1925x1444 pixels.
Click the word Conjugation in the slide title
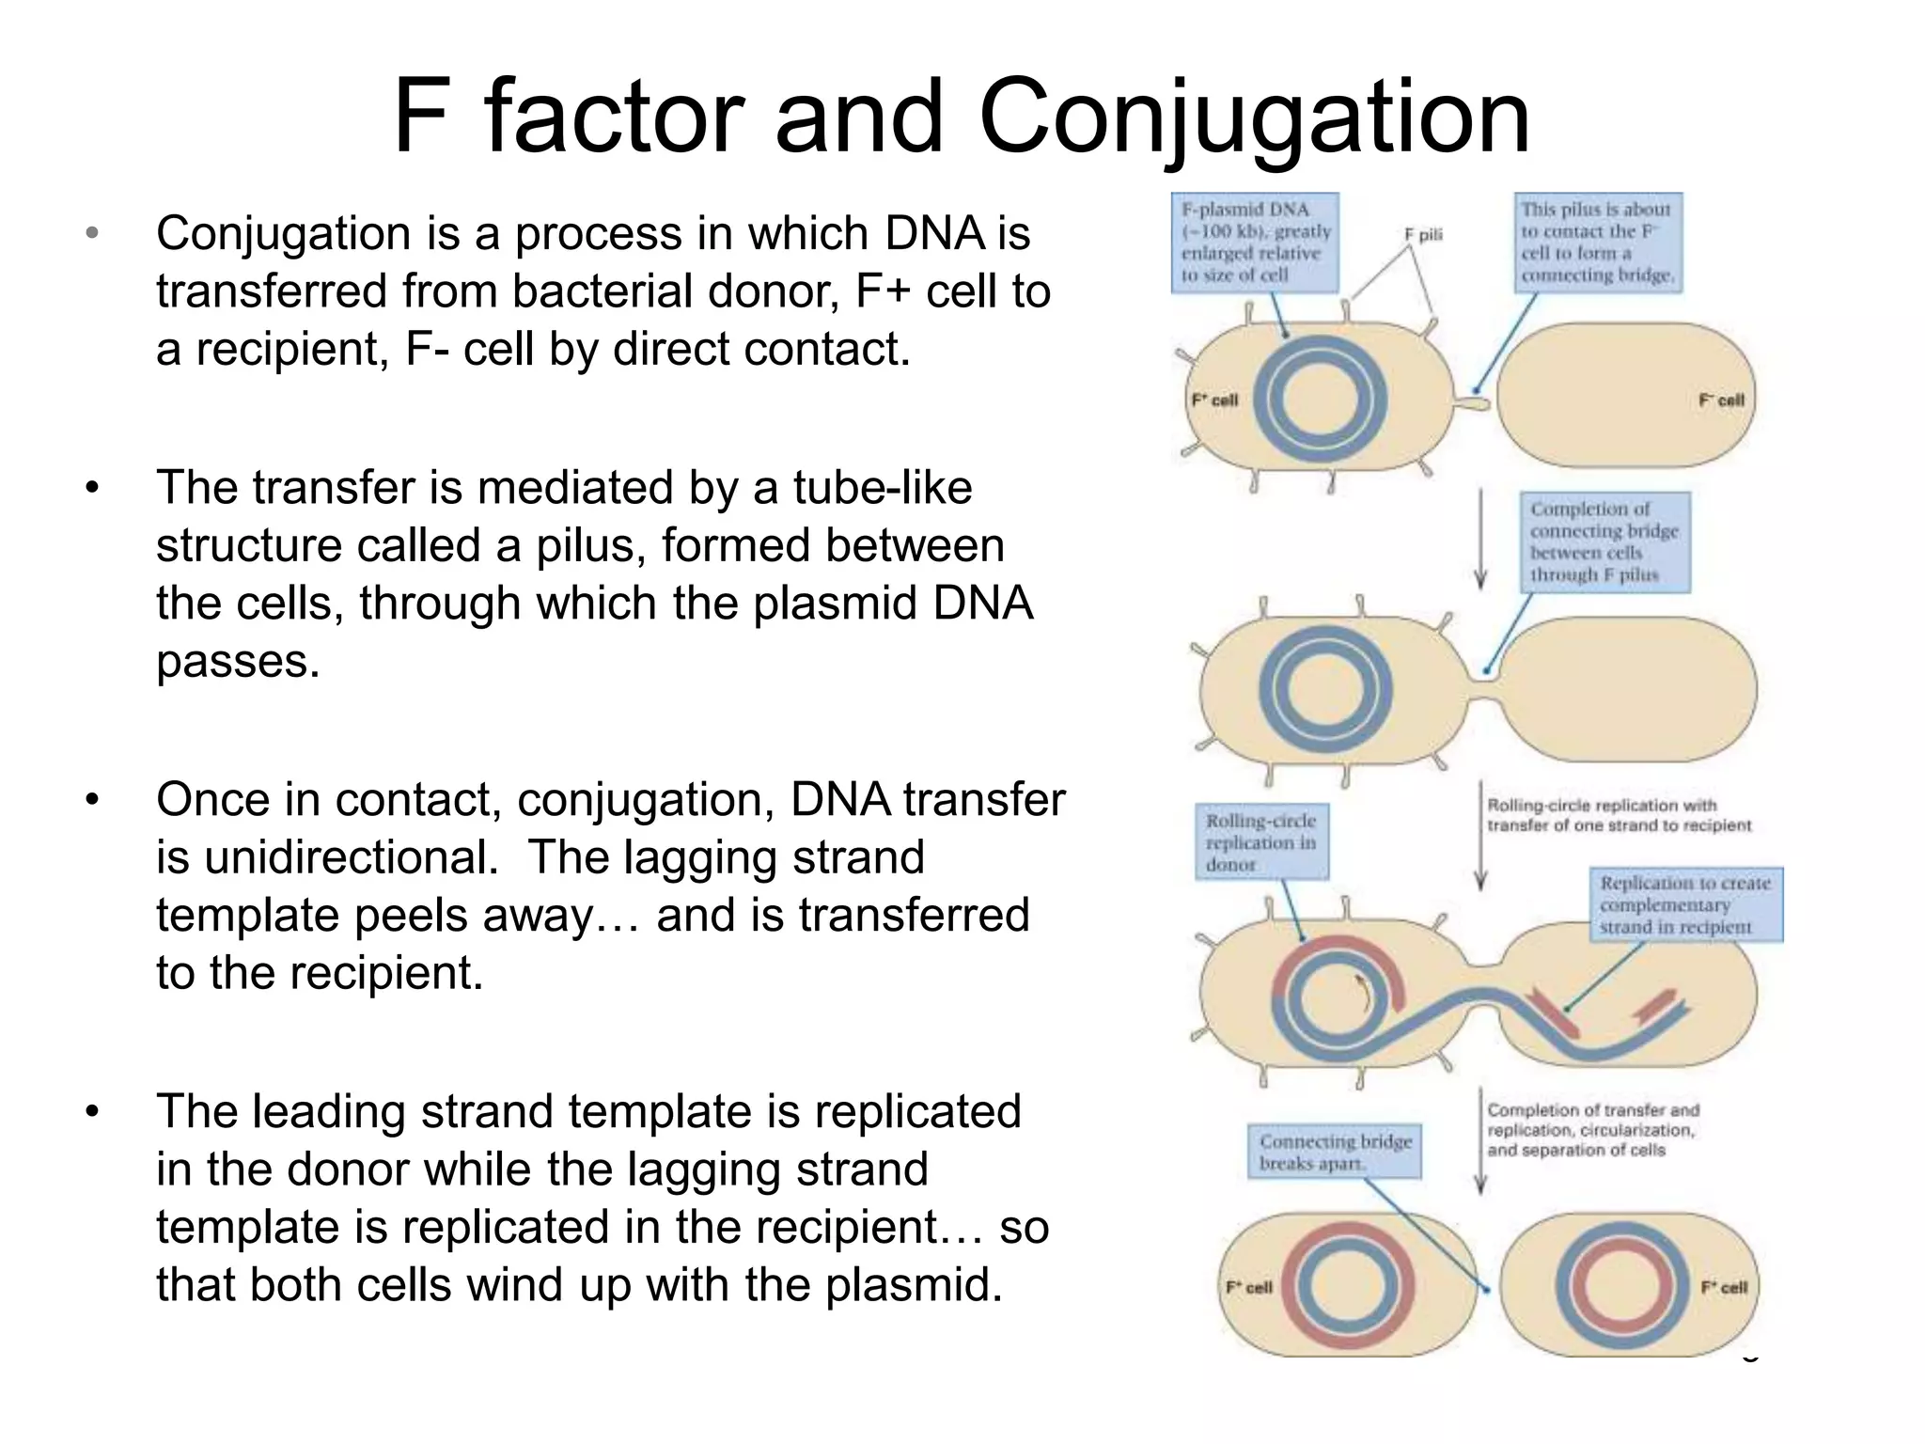click(x=1254, y=118)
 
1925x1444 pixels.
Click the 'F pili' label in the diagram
click(x=1423, y=235)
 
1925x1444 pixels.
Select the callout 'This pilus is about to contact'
click(x=1597, y=243)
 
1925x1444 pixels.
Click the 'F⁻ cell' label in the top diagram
click(x=1721, y=400)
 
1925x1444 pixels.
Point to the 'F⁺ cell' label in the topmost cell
click(x=1215, y=400)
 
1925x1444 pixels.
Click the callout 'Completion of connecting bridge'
click(x=1604, y=542)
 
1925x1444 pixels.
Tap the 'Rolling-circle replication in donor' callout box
click(x=1260, y=841)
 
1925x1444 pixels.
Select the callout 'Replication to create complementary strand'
click(x=1685, y=904)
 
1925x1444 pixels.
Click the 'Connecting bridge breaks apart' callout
click(x=1335, y=1152)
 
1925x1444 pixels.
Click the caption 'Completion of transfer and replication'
click(x=1592, y=1130)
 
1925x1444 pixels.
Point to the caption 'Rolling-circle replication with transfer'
click(x=1619, y=815)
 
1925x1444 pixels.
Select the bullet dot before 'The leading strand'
click(x=91, y=1112)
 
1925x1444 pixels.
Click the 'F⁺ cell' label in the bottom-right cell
click(x=1724, y=1287)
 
